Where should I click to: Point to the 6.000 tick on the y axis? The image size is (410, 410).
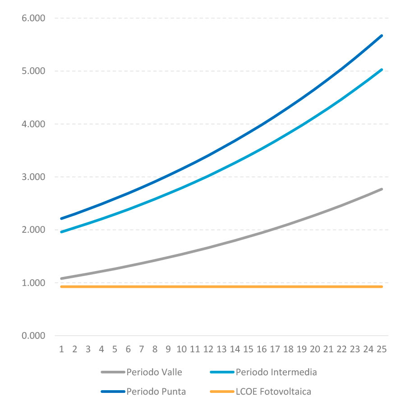pyautogui.click(x=33, y=18)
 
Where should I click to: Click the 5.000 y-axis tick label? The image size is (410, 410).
pyautogui.click(x=33, y=71)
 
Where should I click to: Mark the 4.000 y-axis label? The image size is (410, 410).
pyautogui.click(x=33, y=124)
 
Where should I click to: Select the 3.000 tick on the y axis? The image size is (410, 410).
pyautogui.click(x=33, y=177)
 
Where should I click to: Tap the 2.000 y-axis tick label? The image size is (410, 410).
pyautogui.click(x=33, y=230)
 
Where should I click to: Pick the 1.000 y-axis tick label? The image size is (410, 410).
pyautogui.click(x=33, y=283)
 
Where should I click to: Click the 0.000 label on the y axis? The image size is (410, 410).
pyautogui.click(x=33, y=336)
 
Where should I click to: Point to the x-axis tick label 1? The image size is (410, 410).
pyautogui.click(x=61, y=349)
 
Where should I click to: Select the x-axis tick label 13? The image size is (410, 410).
pyautogui.click(x=221, y=349)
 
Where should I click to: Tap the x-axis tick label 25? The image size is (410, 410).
pyautogui.click(x=382, y=349)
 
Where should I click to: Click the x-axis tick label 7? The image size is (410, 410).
pyautogui.click(x=142, y=349)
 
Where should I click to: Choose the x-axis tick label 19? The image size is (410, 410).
pyautogui.click(x=302, y=349)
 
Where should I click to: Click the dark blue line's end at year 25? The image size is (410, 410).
pyautogui.click(x=382, y=35)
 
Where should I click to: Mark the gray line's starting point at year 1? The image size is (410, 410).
pyautogui.click(x=61, y=278)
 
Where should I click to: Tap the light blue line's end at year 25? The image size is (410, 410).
pyautogui.click(x=382, y=69)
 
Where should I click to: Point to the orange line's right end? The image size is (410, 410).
pyautogui.click(x=382, y=286)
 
